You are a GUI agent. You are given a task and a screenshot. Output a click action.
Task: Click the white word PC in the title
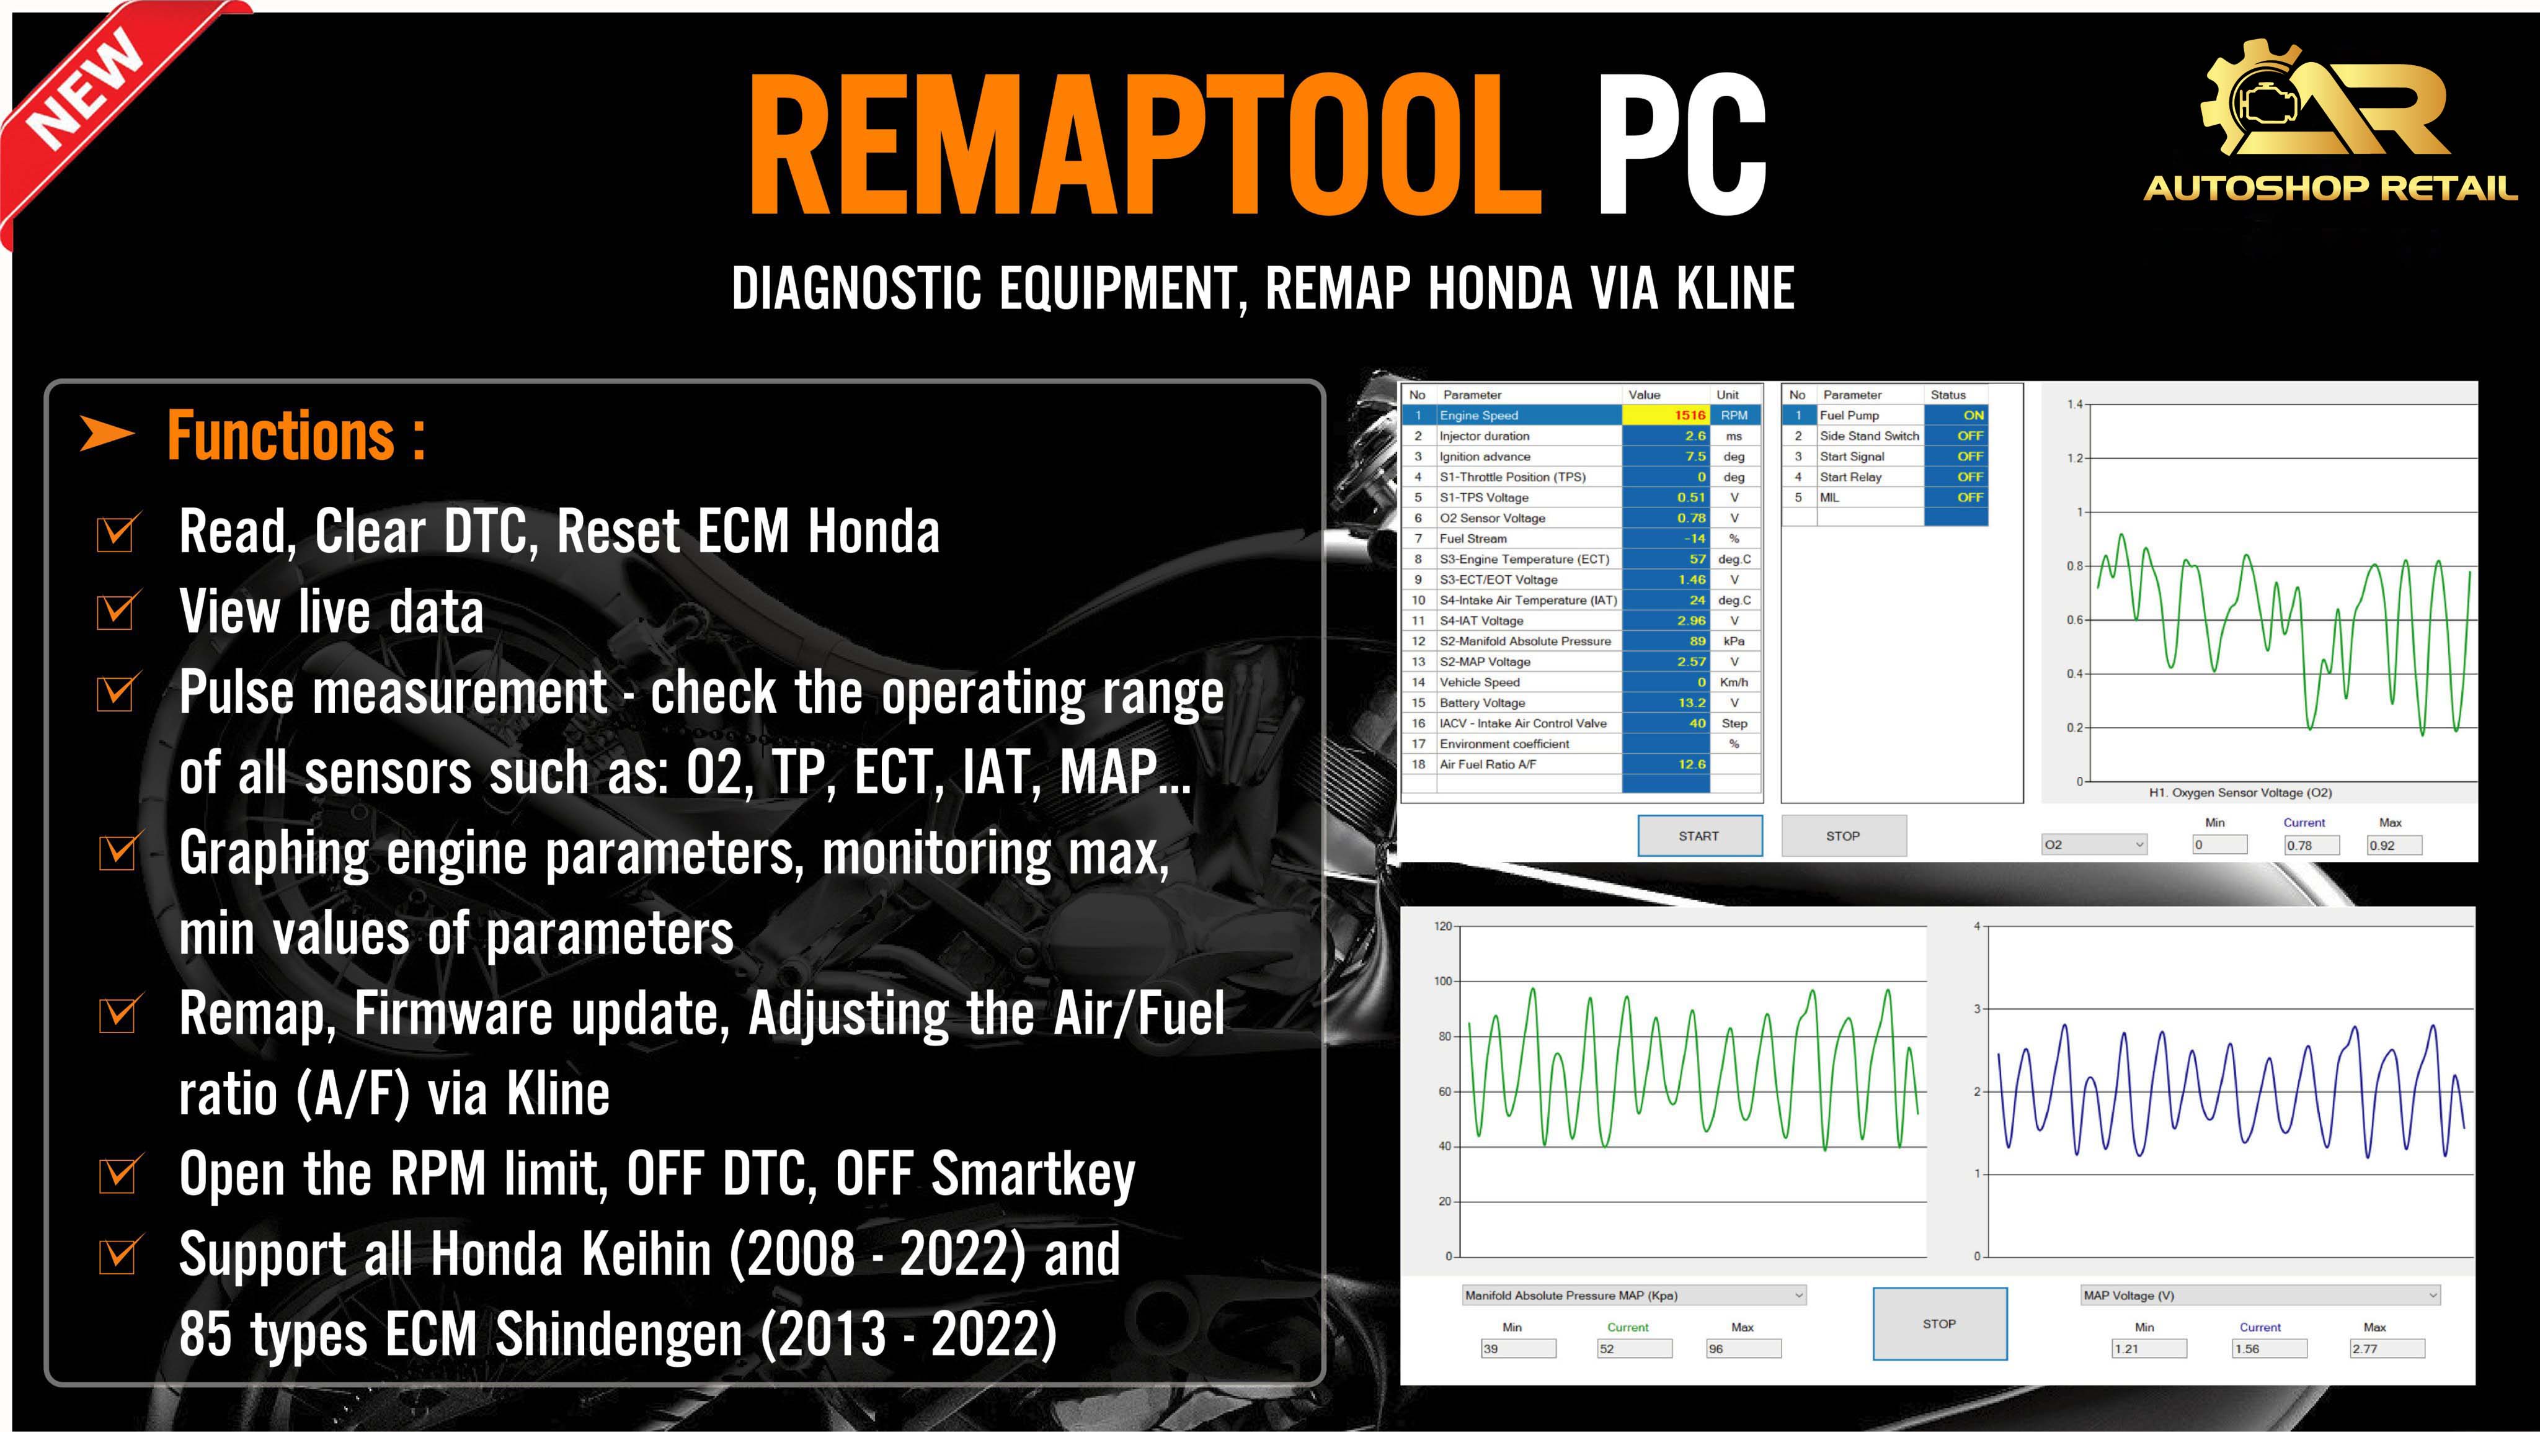pos(1681,146)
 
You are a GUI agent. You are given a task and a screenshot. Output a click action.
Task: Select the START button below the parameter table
pos(1699,835)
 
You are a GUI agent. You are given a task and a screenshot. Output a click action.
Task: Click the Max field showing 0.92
pos(2394,845)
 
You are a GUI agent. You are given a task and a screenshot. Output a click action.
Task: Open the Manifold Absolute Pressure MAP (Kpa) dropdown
pos(1633,1295)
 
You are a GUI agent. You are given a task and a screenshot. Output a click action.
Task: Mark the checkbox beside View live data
pos(117,612)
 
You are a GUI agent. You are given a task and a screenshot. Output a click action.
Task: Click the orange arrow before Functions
pos(107,434)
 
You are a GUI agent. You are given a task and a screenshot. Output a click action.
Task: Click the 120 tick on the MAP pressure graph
pos(1442,926)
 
